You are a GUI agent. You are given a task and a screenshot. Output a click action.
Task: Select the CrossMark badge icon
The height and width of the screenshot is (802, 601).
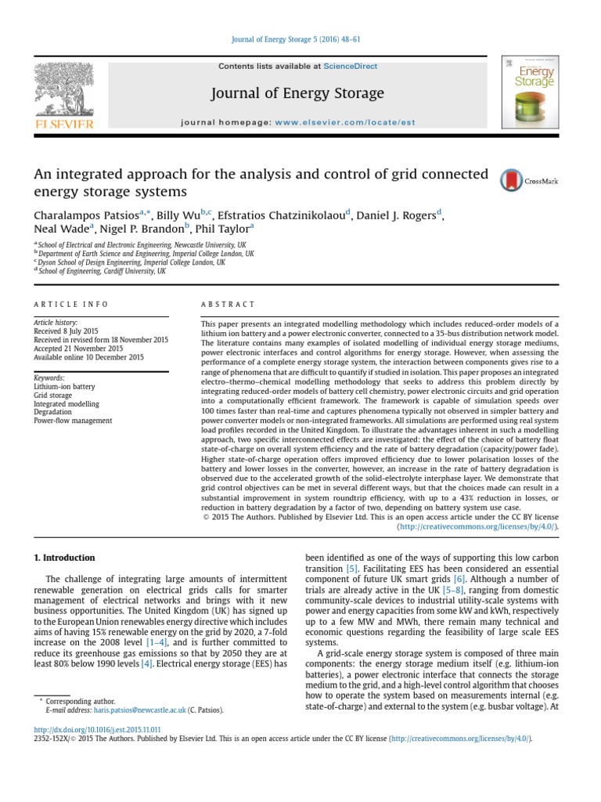[529, 180]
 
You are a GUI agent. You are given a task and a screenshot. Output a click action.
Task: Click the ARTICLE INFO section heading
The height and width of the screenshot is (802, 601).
[71, 304]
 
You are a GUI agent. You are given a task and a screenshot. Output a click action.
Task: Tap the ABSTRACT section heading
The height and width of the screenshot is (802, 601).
[228, 304]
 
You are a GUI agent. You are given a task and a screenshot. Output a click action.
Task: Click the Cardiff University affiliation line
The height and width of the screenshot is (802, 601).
[102, 271]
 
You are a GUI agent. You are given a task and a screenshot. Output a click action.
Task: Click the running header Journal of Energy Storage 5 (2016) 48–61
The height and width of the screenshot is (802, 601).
[300, 40]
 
